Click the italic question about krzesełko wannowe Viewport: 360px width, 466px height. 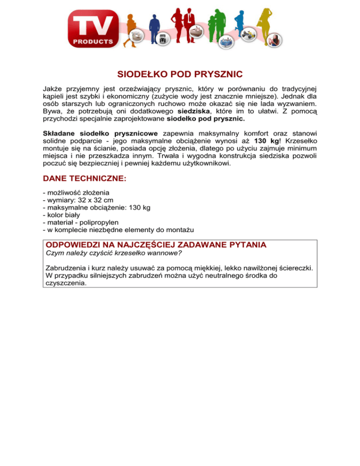(113, 254)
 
